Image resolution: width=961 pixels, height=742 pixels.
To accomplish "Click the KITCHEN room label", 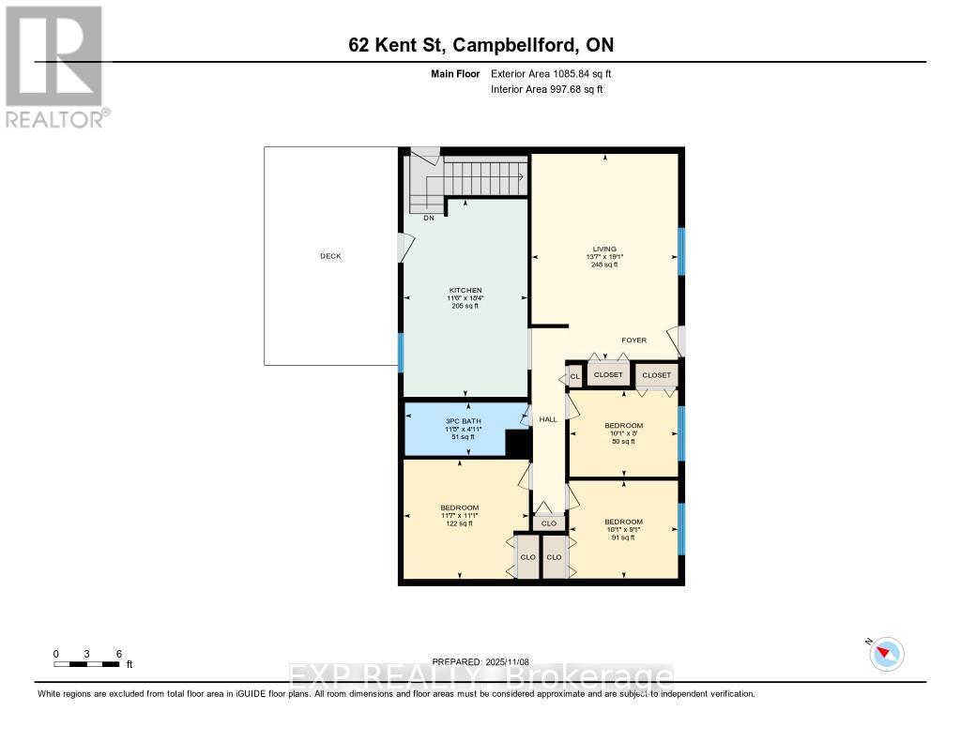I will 464,291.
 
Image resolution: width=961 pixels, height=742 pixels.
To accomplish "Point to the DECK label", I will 330,256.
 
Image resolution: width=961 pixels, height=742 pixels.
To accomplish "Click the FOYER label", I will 633,341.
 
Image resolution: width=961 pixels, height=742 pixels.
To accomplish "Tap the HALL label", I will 548,419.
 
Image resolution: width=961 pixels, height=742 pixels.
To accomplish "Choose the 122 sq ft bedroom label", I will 459,507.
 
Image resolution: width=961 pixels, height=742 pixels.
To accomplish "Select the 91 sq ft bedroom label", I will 623,522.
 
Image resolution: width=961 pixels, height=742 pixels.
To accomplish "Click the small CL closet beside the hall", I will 575,376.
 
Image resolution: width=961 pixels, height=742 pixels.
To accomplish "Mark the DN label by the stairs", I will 428,218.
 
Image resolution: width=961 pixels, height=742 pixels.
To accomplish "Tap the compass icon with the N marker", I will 887,653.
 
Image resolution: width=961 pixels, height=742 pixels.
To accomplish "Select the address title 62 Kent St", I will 480,45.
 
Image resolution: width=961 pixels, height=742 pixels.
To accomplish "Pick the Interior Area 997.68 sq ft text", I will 547,89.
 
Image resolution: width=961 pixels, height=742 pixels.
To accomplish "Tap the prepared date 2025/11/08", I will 487,661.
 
